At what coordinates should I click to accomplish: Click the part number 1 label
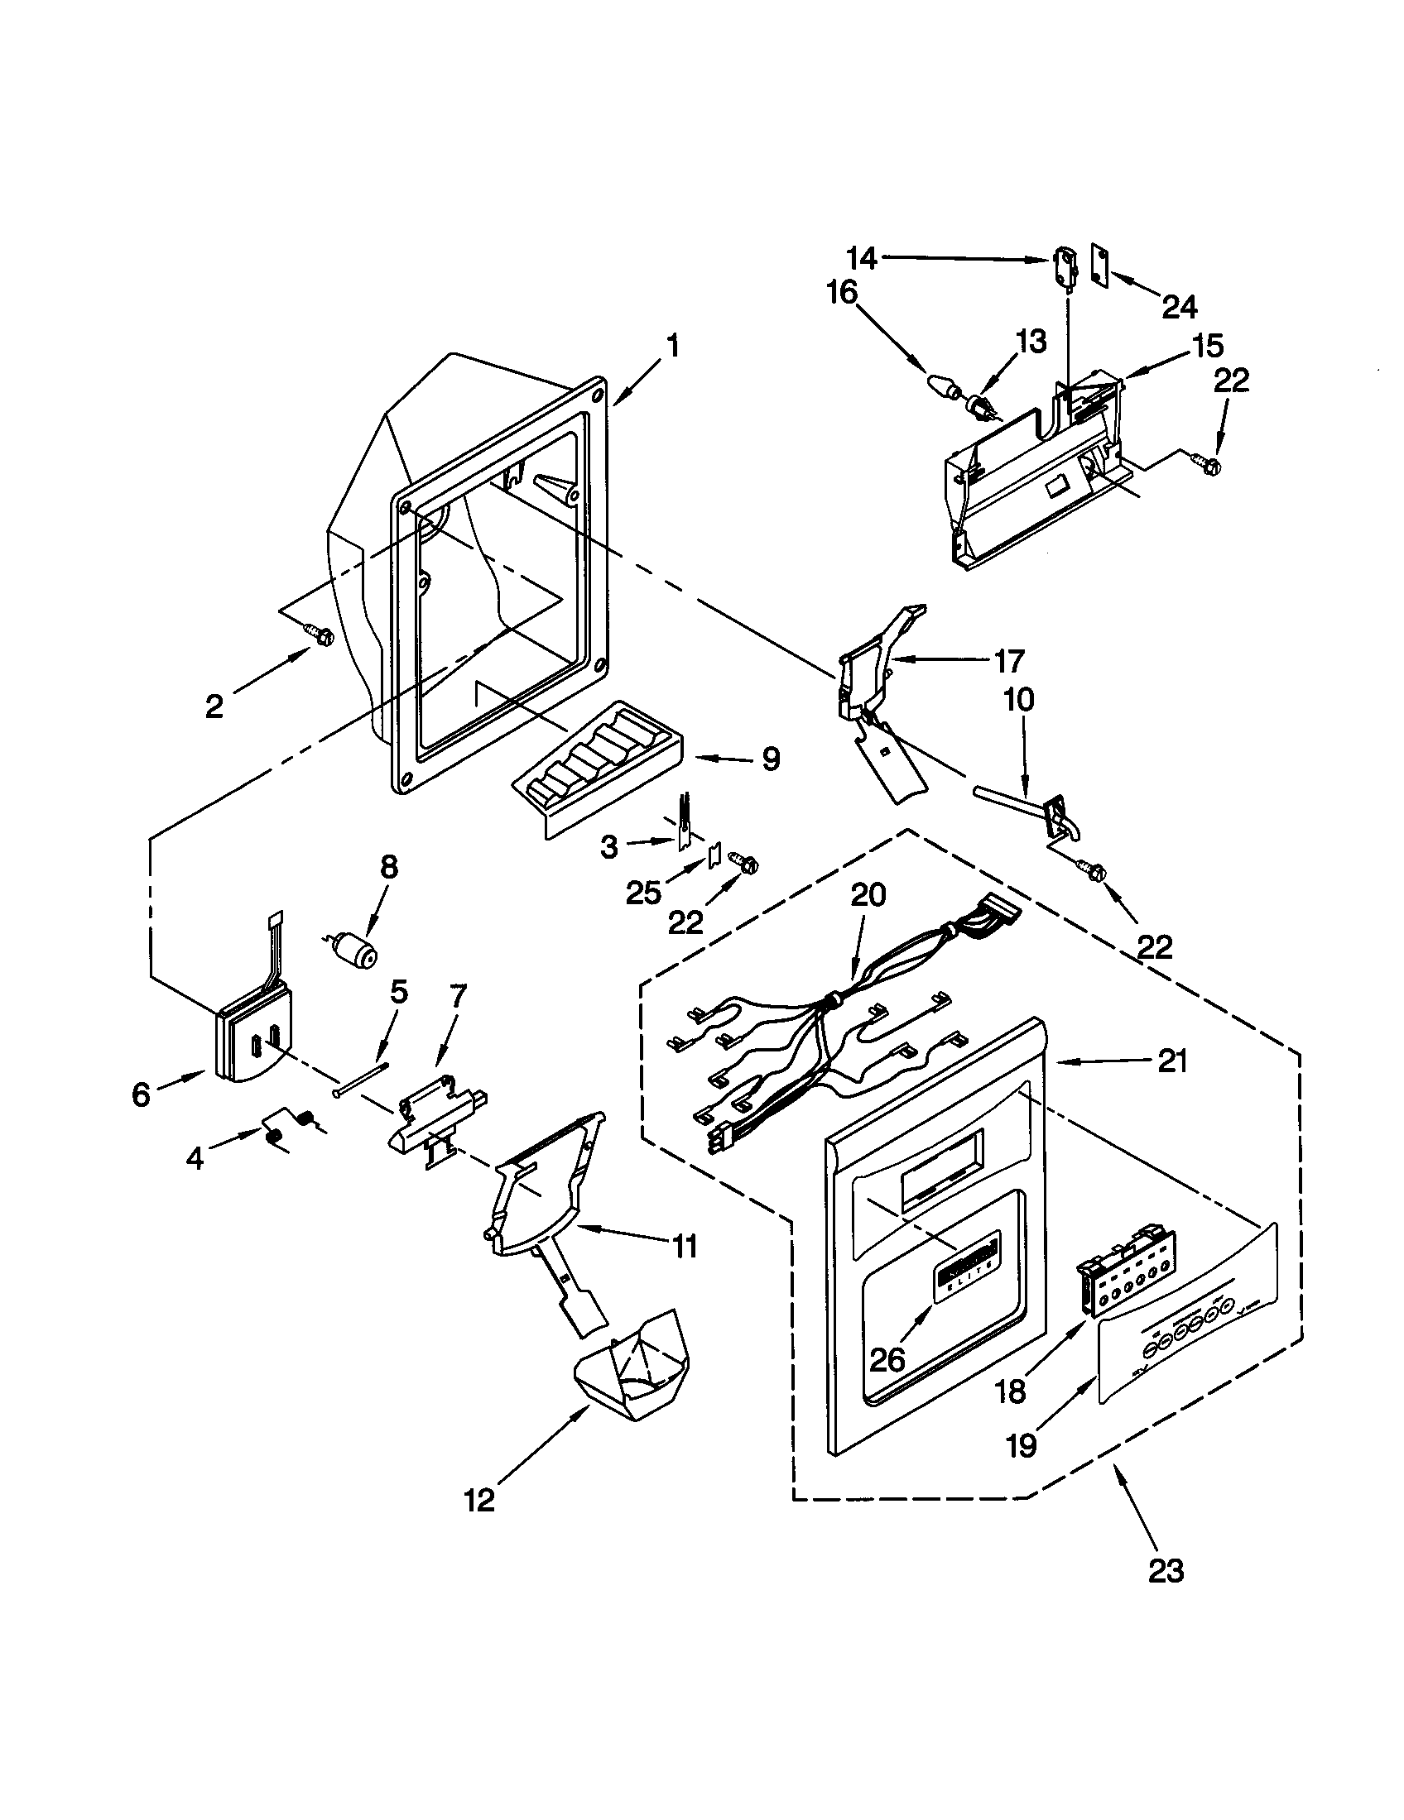tap(673, 346)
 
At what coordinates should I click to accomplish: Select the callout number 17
tap(1008, 661)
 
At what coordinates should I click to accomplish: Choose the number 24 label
tap(1180, 307)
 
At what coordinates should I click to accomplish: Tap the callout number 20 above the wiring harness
tap(868, 895)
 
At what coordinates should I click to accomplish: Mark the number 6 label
tap(141, 1094)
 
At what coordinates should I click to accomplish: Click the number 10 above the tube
tap(1018, 699)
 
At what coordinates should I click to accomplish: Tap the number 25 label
tap(644, 892)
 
